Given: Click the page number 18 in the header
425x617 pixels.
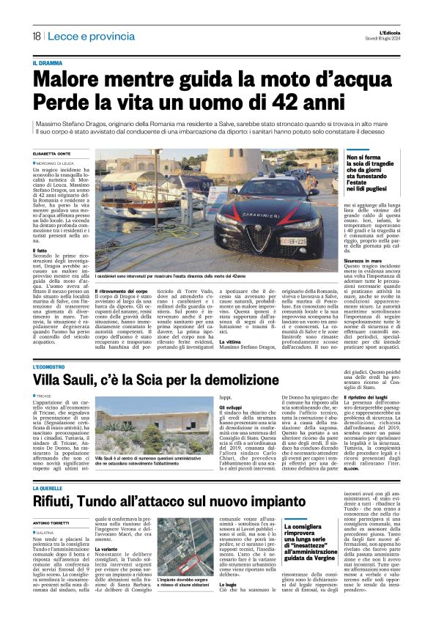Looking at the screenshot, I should click(36, 37).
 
